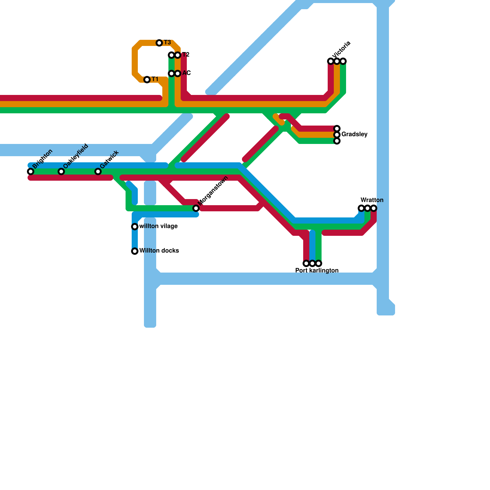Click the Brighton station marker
(31, 171)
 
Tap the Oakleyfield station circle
(61, 171)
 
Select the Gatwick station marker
(98, 171)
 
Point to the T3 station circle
(159, 43)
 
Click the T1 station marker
(147, 80)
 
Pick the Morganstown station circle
(196, 208)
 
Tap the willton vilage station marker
(135, 227)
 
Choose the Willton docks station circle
(135, 251)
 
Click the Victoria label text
(341, 50)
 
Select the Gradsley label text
(354, 134)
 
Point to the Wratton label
(372, 200)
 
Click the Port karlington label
(317, 271)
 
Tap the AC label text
(187, 73)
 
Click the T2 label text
(186, 55)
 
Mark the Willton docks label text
(159, 251)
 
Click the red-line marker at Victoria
(331, 61)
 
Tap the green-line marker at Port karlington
(318, 263)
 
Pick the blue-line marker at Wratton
(361, 208)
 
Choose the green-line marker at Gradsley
(337, 141)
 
